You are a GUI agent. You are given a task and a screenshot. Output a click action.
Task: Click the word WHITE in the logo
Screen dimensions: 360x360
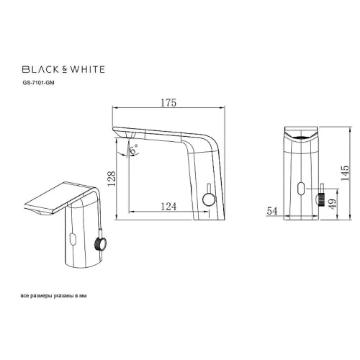pyautogui.click(x=86, y=70)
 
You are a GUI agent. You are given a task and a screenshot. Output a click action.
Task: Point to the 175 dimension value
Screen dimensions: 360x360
pyautogui.click(x=169, y=104)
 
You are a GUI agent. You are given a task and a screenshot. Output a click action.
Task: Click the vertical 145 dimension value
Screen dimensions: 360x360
pyautogui.click(x=346, y=171)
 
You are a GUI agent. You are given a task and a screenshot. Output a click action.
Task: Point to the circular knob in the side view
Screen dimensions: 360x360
pyautogui.click(x=210, y=200)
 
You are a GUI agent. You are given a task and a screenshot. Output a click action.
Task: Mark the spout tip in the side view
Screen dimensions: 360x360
pyautogui.click(x=120, y=132)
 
